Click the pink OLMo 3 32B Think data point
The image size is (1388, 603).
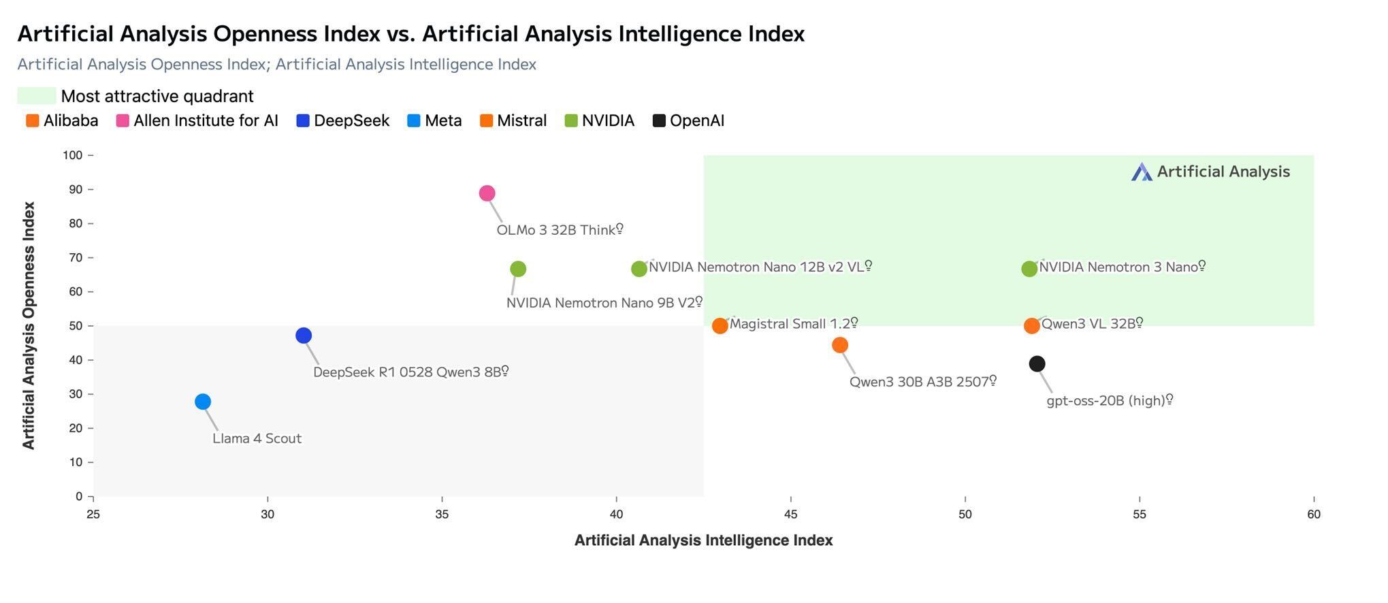coord(487,193)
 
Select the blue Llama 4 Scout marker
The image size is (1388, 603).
coord(203,402)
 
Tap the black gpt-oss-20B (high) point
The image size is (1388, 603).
coord(1037,364)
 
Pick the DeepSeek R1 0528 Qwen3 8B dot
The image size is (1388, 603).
coord(304,336)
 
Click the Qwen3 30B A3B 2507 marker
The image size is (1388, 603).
coord(840,345)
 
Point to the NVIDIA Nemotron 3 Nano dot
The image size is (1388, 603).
coord(1029,269)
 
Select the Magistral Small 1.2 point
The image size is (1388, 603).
coord(720,326)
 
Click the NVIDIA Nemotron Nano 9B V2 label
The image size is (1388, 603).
coord(603,303)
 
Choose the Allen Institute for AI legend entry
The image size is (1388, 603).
coord(197,121)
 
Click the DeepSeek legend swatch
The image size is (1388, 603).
coord(303,121)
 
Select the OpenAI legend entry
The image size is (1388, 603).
coord(689,121)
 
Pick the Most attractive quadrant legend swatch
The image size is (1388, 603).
coord(37,96)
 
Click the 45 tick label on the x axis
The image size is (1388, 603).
coord(790,515)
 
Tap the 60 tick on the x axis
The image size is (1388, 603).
coord(1313,515)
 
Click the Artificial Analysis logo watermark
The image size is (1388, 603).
coord(1211,172)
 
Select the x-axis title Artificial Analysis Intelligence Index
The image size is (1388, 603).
coord(703,540)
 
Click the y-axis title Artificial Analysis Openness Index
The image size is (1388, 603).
coord(29,325)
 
